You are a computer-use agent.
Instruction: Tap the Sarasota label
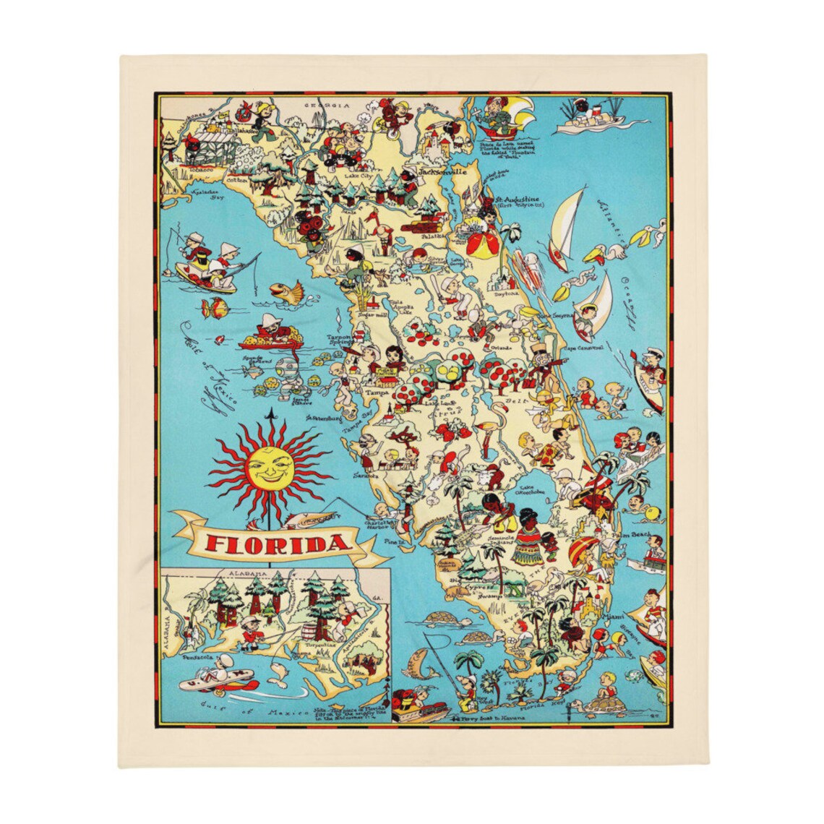(x=366, y=476)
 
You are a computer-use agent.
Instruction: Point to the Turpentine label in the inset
(x=321, y=643)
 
